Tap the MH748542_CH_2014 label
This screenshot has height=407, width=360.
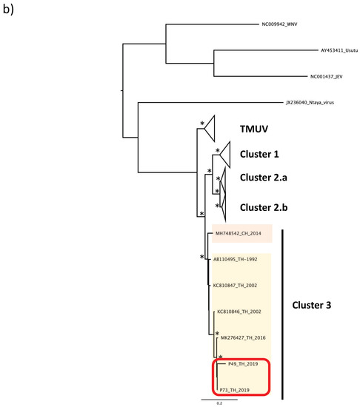tap(241, 234)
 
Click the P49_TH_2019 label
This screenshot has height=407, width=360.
tap(236, 366)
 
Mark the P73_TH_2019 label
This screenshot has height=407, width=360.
tap(236, 388)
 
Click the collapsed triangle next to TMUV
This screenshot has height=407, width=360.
tap(210, 129)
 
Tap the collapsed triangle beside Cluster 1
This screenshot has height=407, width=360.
tap(225, 155)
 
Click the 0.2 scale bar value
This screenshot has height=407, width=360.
tap(219, 403)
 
